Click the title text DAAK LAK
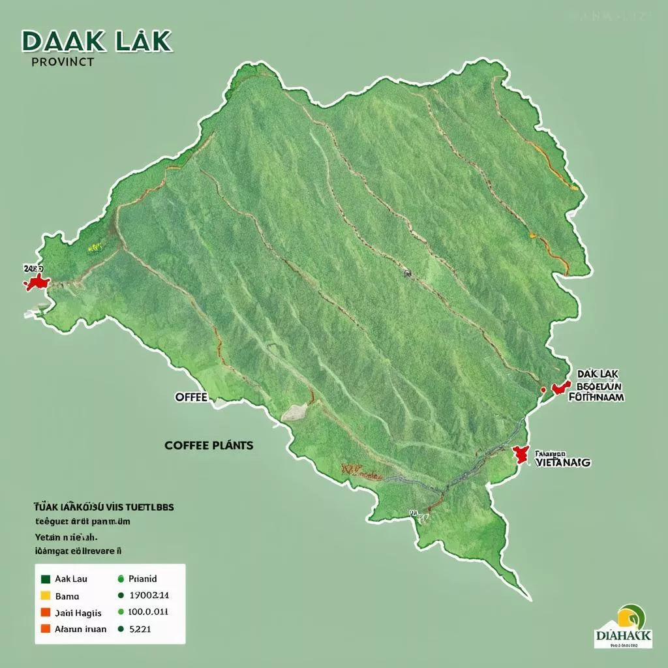(97, 40)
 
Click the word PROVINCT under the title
(63, 62)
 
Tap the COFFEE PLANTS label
(209, 446)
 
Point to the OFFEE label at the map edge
(191, 397)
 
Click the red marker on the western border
(37, 282)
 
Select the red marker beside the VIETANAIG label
(521, 455)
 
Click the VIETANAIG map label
(562, 462)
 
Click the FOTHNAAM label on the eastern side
(596, 396)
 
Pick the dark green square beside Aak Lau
(46, 579)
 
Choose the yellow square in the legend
(46, 595)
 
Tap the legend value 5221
(140, 629)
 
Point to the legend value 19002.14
(149, 595)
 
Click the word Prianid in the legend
(143, 579)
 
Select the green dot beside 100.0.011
(120, 612)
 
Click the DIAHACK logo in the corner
(623, 625)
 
